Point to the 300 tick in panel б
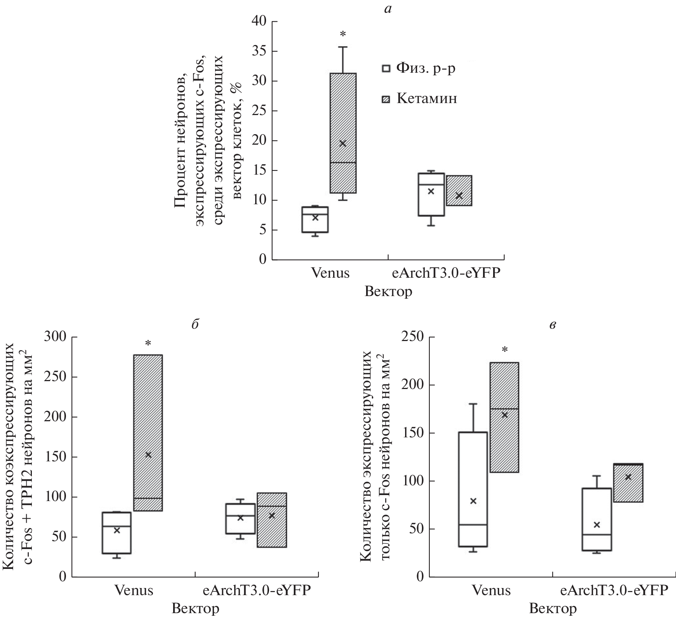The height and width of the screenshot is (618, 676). click(x=55, y=337)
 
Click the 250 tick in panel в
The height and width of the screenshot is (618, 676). click(x=413, y=337)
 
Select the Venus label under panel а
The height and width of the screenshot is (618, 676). click(x=330, y=273)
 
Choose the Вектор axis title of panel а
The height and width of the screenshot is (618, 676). click(x=388, y=292)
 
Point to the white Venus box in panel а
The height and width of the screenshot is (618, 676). click(x=315, y=220)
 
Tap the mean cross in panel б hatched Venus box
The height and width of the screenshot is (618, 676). click(x=148, y=455)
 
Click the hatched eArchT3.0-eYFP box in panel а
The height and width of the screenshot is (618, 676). click(x=459, y=190)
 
